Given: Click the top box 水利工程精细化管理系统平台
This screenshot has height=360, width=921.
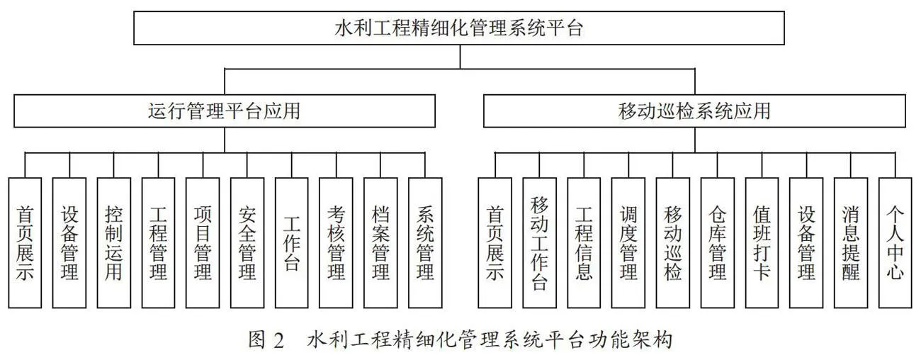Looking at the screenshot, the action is (x=459, y=28).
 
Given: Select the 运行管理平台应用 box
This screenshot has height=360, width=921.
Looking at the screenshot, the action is (x=225, y=111).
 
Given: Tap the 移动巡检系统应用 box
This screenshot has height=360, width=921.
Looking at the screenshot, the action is (x=694, y=111).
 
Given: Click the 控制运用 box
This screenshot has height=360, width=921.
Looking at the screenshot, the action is (x=114, y=243).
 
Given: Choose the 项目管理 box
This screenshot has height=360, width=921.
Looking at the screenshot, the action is (x=203, y=243).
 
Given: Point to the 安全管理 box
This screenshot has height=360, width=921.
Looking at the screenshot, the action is (x=247, y=243).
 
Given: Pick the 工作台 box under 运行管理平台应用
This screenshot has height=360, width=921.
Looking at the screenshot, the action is (x=291, y=243).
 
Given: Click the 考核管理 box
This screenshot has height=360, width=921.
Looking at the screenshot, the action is (x=336, y=243).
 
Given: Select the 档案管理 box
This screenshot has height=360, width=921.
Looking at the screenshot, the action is (x=380, y=243).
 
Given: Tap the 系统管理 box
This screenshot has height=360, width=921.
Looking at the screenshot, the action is (x=425, y=243).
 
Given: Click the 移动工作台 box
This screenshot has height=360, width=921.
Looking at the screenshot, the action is (x=539, y=243).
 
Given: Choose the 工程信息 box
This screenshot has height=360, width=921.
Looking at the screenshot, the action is (x=584, y=243).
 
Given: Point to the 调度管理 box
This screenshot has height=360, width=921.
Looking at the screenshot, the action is (x=628, y=243).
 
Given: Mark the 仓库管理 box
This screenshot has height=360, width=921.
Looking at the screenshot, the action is (x=718, y=243).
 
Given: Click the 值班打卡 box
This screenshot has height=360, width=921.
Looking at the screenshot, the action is (x=762, y=243).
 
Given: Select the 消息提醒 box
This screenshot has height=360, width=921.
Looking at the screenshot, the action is (x=851, y=243).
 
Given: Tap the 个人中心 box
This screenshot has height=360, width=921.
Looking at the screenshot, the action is (x=895, y=243).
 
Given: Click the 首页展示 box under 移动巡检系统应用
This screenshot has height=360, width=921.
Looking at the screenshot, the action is (x=495, y=243).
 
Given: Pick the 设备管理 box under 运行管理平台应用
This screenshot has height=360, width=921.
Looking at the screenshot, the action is (x=69, y=243).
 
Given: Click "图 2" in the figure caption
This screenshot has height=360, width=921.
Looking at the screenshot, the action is (x=266, y=340).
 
